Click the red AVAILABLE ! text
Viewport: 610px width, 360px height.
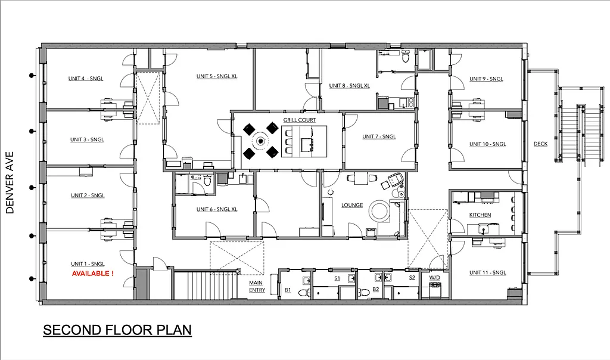click(x=92, y=274)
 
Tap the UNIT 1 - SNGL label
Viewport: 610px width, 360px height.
click(x=88, y=264)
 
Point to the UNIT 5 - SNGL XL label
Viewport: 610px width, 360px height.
click(x=217, y=76)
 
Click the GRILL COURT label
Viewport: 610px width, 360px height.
click(x=299, y=120)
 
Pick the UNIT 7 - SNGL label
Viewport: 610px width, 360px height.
click(x=379, y=136)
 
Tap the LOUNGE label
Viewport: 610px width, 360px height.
click(x=352, y=205)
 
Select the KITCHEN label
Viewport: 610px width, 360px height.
click(x=480, y=215)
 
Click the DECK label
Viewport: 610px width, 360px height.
click(x=540, y=144)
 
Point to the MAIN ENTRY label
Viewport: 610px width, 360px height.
click(x=257, y=287)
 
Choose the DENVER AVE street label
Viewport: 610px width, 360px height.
click(x=10, y=182)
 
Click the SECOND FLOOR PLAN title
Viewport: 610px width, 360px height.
click(x=117, y=330)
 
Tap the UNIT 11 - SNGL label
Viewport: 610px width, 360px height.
click(x=487, y=272)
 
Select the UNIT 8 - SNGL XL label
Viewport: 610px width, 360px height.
click(x=349, y=86)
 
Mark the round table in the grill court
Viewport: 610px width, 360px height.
click(x=260, y=141)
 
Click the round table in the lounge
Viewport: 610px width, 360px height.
click(x=379, y=210)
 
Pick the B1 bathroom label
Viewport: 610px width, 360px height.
click(x=287, y=290)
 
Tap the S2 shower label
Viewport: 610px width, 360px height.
click(x=412, y=278)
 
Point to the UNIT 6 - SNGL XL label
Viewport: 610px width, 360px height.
click(x=217, y=209)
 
